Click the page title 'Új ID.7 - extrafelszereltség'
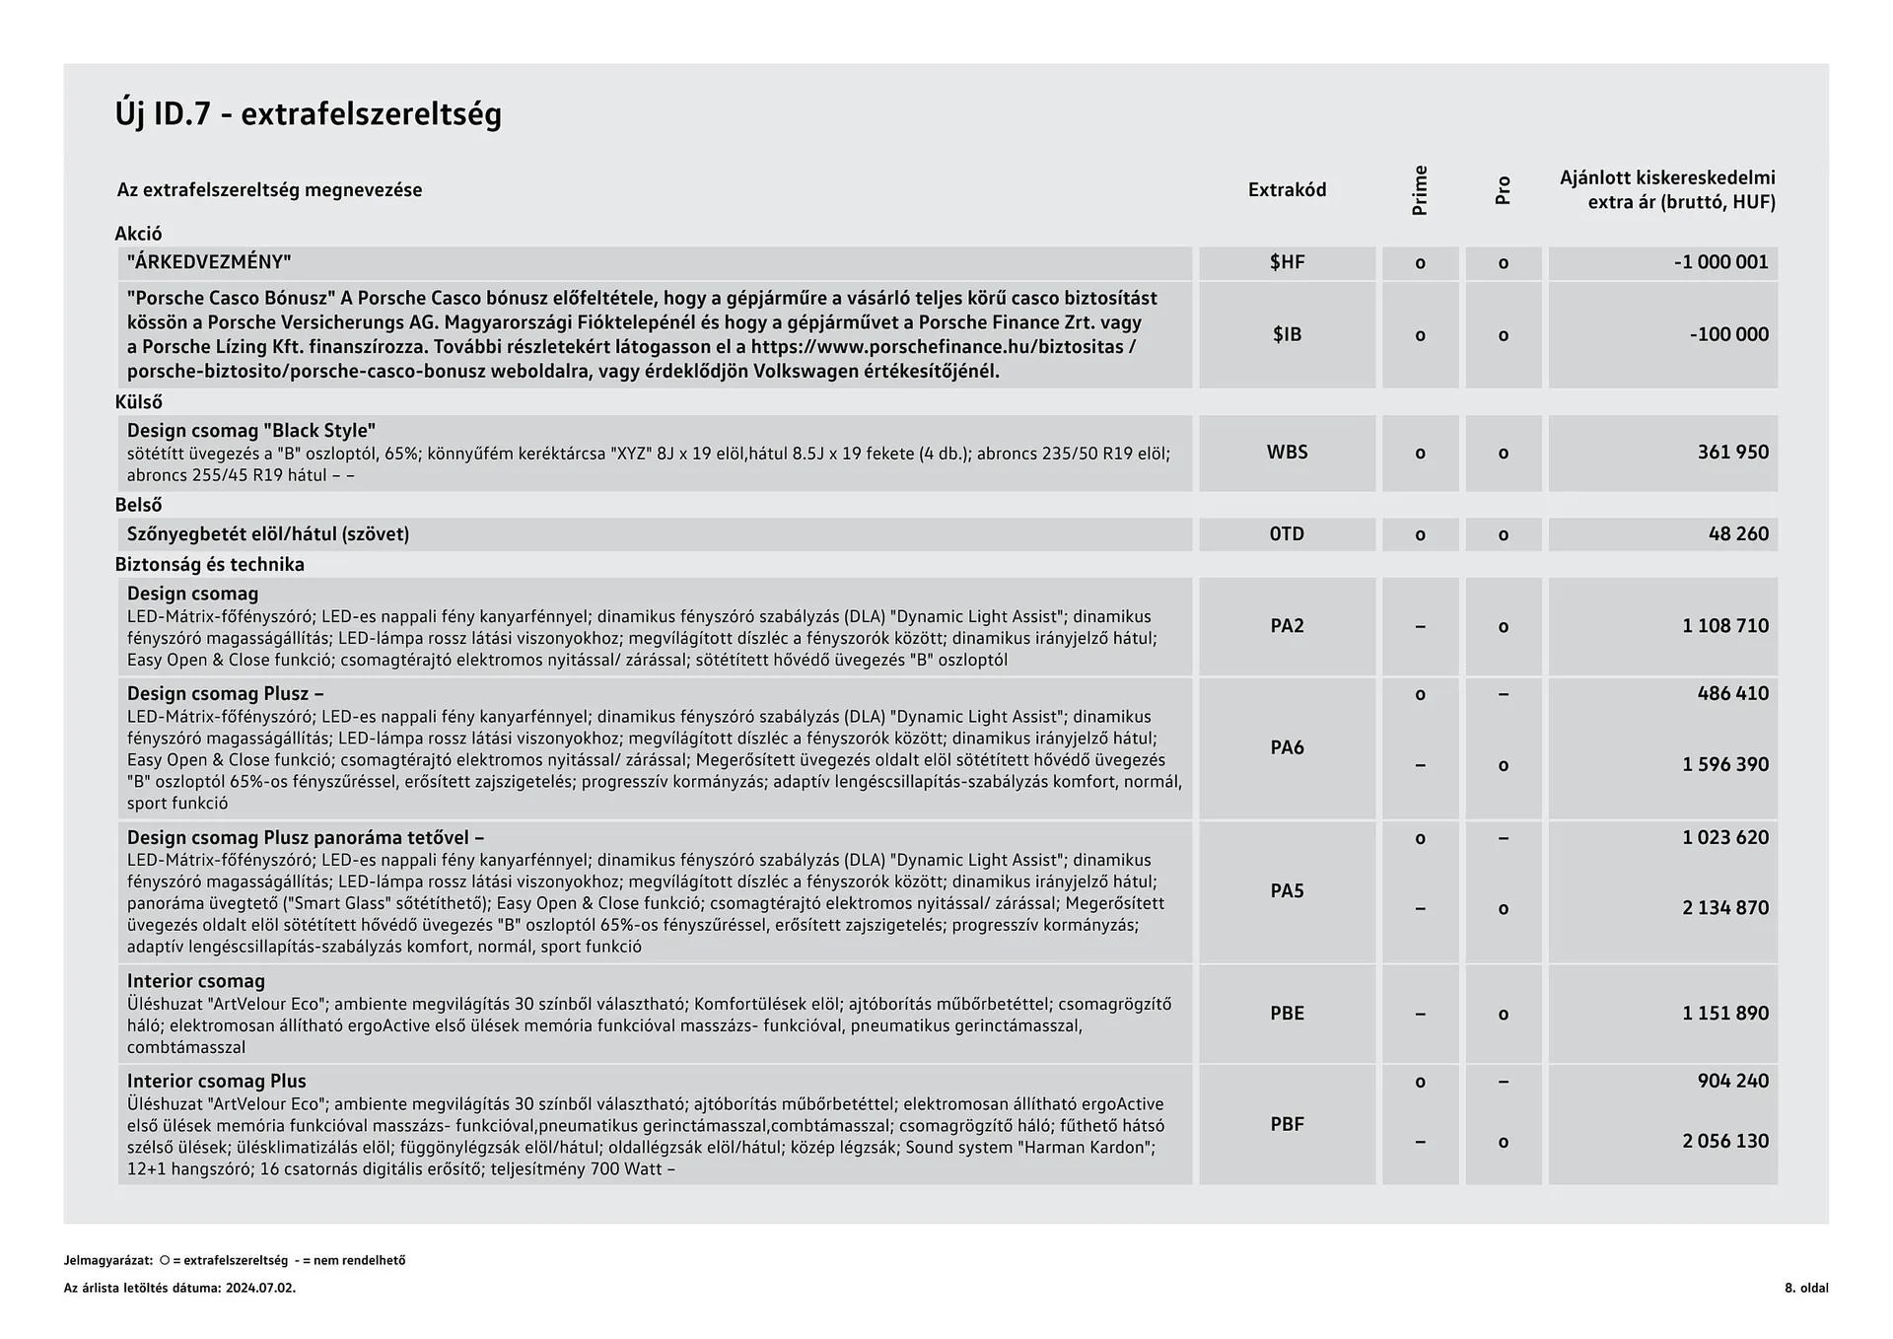(308, 114)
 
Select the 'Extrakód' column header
(1287, 189)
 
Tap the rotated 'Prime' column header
(1420, 190)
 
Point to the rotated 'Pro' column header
(1503, 190)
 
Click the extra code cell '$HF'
(1287, 262)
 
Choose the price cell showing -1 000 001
(1720, 262)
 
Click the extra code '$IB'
(1287, 334)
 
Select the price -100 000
(1728, 334)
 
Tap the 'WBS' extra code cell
(1287, 453)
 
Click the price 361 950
(1732, 453)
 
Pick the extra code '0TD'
(1287, 534)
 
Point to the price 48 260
(1738, 534)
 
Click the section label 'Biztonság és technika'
(209, 565)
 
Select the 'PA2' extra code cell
(1287, 626)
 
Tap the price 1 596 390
(1725, 765)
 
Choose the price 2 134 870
(1725, 908)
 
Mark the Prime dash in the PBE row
(1420, 1014)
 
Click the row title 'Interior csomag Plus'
(216, 1082)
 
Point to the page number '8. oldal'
(1805, 1288)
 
